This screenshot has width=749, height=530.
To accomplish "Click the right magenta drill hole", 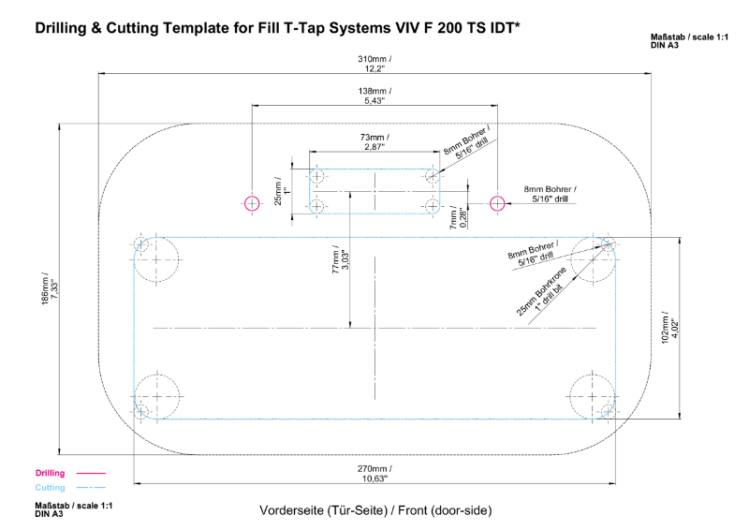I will point(497,202).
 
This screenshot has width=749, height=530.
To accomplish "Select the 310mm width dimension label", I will point(374,64).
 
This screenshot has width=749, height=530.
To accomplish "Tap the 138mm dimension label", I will point(374,96).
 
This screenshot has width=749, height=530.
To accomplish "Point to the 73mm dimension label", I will point(374,142).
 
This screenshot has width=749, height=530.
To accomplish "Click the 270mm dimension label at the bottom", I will point(374,473).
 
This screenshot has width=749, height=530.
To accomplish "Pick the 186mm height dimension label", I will point(50,297).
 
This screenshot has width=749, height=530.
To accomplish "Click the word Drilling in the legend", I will point(50,473).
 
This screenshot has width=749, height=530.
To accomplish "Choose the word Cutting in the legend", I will point(51,488).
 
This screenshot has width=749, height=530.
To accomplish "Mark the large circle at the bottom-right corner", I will point(593,396).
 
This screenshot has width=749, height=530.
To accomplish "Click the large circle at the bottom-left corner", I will point(157,396).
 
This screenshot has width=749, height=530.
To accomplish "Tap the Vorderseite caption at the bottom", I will point(374,510).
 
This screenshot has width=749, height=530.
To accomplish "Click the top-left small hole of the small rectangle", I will point(317,176).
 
